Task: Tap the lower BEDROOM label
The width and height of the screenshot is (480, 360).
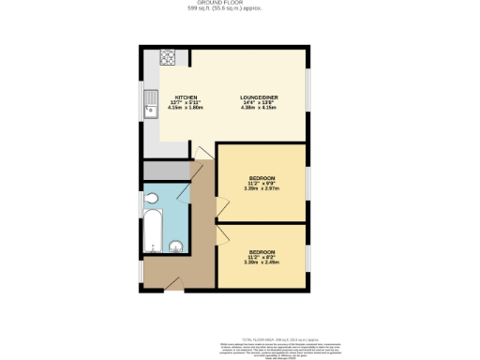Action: tap(262, 252)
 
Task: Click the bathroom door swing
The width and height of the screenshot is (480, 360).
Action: tap(196, 208)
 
